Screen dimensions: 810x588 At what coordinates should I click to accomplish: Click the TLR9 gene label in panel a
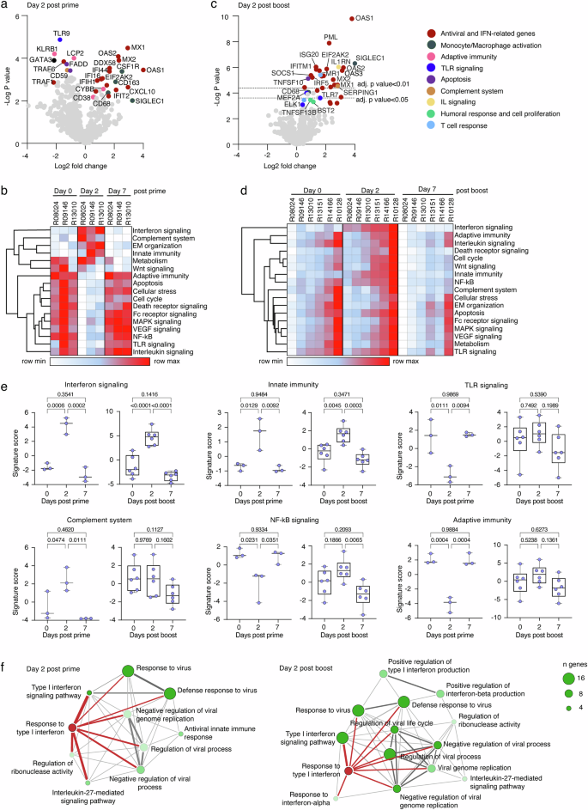[61, 33]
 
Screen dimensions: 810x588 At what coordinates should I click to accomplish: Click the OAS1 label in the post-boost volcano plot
[365, 17]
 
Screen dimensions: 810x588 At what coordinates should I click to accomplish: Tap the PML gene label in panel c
[331, 37]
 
